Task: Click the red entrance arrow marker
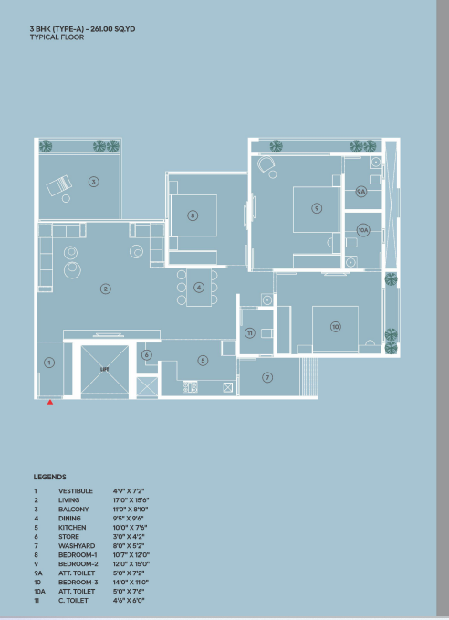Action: tap(50, 402)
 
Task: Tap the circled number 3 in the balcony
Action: tap(94, 182)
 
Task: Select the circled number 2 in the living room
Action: tap(106, 289)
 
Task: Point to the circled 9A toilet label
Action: tap(360, 192)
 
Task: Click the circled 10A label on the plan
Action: tap(363, 230)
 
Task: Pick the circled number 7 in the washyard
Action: tap(267, 378)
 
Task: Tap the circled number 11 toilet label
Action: tap(250, 333)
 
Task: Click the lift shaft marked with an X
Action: tap(105, 370)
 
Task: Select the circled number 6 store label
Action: tap(147, 354)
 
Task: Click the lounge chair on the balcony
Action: tap(59, 185)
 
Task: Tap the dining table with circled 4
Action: tap(199, 288)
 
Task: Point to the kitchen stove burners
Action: tap(190, 387)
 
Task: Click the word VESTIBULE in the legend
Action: tap(76, 491)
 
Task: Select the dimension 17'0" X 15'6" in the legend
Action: tap(131, 500)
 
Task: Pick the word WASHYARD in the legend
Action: tap(77, 546)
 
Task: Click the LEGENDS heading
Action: tap(50, 477)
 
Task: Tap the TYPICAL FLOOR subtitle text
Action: tap(57, 37)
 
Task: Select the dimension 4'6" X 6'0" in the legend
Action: tap(129, 600)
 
